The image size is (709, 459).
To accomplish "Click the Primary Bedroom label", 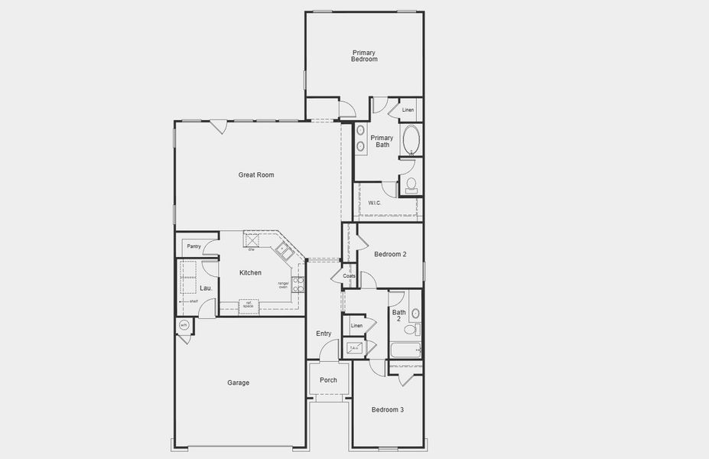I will point(364,56).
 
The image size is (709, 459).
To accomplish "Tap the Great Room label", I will point(256,175).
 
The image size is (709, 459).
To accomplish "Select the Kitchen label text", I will point(250,273).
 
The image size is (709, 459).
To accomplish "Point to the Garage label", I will point(238,382).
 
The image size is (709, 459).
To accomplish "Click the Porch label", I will point(328,380).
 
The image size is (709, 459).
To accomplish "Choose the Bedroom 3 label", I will point(388,410).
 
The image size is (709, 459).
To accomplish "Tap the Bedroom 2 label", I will point(390,255).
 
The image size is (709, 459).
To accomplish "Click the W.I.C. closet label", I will point(375,203).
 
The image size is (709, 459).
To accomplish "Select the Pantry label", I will point(194,246).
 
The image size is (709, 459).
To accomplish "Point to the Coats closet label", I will point(349,276).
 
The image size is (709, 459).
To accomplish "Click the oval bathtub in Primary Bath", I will point(411,142).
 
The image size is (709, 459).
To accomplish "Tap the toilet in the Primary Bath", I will point(411,184).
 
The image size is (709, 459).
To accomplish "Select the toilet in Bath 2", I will point(410,330).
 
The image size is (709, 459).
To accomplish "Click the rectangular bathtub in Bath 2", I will point(405,351).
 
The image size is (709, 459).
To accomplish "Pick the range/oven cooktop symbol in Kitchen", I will point(298,285).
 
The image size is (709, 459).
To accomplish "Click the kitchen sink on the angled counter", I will point(283,248).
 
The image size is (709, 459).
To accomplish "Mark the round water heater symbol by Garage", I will point(184,326).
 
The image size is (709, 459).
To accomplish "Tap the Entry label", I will point(324,334).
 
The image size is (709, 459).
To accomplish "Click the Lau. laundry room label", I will point(206,288).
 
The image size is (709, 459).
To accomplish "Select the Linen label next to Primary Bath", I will point(408,110).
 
